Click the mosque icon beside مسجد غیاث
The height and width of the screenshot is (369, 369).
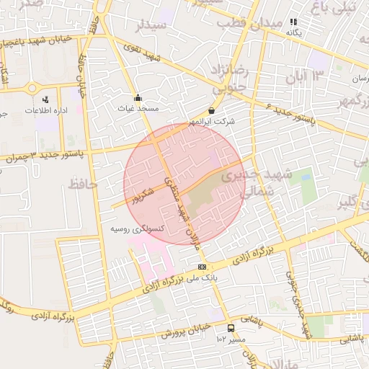(x=138, y=97)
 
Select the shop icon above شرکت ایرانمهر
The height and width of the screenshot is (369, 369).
(x=212, y=110)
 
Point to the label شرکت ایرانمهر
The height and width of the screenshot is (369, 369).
(x=212, y=122)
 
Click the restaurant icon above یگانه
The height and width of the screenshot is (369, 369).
(x=293, y=22)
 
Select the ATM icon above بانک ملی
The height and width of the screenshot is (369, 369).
(x=201, y=266)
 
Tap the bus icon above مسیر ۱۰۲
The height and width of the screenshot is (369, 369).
(x=231, y=328)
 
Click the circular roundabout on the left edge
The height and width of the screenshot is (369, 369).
(x=32, y=88)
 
